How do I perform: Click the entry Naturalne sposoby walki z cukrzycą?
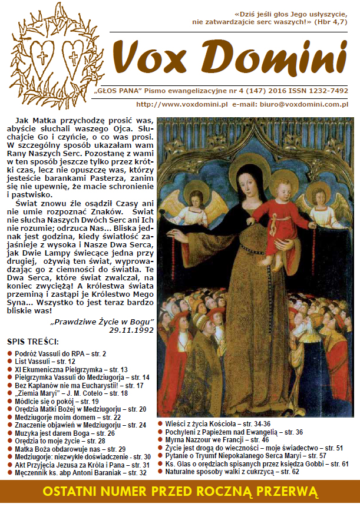pyautogui.click(x=232, y=472)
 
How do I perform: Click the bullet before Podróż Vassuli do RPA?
pyautogui.click(x=10, y=353)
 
